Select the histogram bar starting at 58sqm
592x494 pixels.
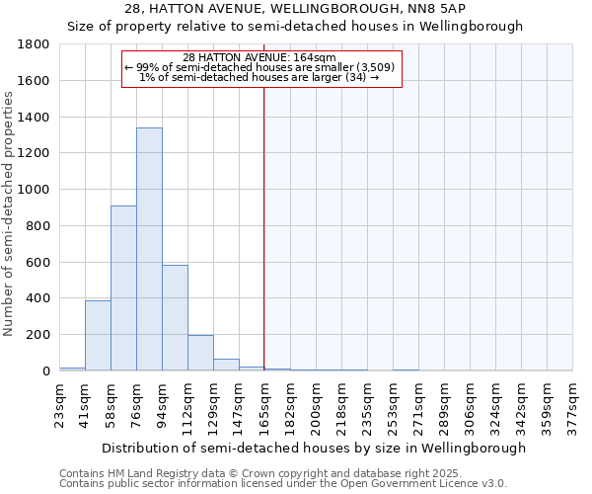[123, 288]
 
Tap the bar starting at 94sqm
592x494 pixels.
[175, 317]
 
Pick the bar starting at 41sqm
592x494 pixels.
[98, 335]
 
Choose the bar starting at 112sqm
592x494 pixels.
[200, 353]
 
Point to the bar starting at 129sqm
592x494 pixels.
[226, 365]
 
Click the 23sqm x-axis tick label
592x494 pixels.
[60, 404]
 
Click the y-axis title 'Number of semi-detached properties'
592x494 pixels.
[10, 207]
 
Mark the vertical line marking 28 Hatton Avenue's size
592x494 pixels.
[264, 227]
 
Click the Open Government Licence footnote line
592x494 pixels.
[282, 484]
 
